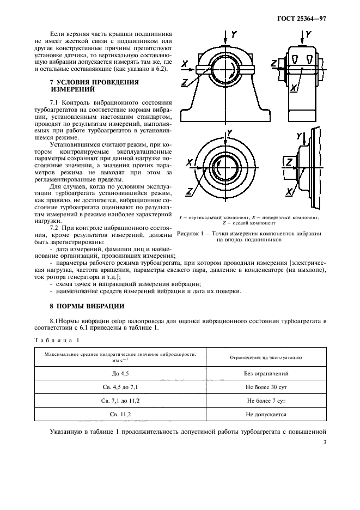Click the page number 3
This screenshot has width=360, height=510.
point(325,442)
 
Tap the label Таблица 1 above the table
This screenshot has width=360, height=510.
point(57,341)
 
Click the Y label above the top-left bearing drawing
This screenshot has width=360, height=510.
point(234,34)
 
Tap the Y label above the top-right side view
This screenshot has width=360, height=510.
point(308,34)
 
